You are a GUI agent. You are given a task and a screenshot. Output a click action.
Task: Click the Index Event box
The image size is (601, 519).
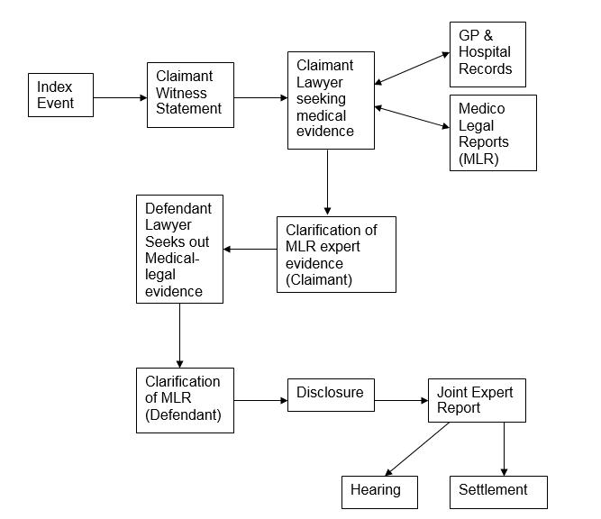(61, 96)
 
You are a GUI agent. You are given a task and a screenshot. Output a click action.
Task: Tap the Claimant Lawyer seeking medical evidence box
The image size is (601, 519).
(331, 100)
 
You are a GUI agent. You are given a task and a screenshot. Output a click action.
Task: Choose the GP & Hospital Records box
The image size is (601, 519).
(487, 54)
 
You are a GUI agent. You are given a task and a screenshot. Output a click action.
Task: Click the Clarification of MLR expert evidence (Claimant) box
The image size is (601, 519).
(336, 253)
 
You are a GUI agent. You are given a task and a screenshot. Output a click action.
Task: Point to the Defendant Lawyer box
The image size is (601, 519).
(178, 248)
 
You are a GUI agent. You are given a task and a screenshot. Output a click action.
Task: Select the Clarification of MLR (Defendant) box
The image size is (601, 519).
(184, 401)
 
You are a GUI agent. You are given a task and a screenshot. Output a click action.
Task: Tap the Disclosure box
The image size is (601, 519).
(330, 394)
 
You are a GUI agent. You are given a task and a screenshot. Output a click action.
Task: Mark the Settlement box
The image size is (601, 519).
(498, 491)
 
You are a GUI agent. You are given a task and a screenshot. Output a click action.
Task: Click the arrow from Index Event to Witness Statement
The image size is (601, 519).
(120, 96)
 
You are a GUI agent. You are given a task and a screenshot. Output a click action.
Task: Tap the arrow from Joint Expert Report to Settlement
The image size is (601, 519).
(504, 449)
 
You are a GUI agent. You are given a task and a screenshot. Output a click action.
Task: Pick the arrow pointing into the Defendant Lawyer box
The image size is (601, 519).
(250, 249)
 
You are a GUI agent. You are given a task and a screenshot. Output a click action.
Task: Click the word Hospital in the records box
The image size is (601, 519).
(486, 52)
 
